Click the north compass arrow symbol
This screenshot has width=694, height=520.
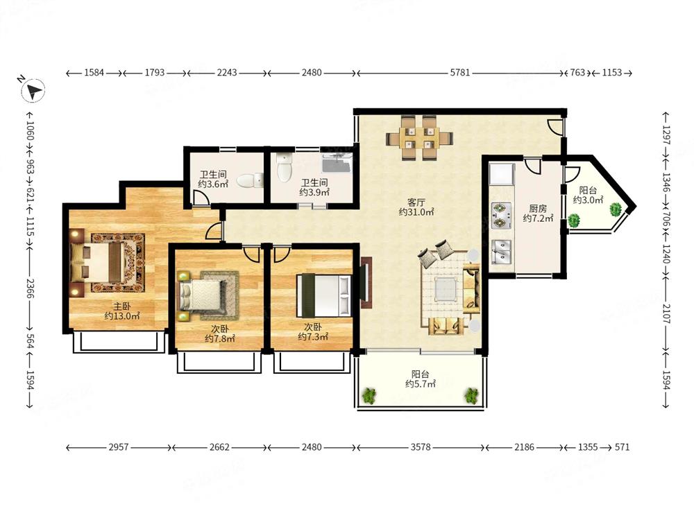(33, 91)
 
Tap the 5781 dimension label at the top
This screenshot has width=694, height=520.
(460, 73)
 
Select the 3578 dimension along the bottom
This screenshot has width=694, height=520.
(420, 447)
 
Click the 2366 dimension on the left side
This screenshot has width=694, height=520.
(30, 288)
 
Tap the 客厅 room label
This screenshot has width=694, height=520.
(416, 202)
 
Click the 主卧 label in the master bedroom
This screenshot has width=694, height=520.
(121, 306)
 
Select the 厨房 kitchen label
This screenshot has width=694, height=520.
(538, 208)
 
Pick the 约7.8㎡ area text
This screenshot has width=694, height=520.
(220, 339)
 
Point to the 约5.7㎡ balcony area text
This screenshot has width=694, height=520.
(421, 384)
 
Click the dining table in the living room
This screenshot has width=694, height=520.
(419, 137)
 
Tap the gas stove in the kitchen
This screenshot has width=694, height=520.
(502, 216)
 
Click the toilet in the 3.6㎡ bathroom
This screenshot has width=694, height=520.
(250, 180)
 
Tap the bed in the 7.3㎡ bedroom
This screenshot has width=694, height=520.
(323, 295)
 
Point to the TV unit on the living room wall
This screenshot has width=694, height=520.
(366, 283)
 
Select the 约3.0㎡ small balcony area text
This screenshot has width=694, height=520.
(589, 200)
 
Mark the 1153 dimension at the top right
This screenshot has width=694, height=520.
(611, 73)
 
